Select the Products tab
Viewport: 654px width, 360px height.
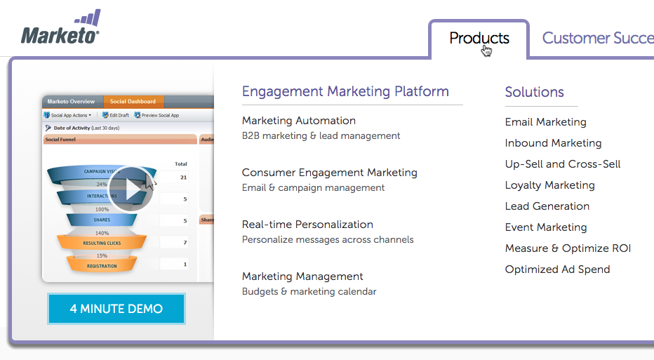click(479, 39)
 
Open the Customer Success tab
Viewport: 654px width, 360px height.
click(597, 39)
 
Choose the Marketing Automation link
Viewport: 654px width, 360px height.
click(298, 121)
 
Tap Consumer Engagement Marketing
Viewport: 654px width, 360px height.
click(329, 173)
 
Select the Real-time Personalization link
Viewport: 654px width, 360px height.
click(307, 225)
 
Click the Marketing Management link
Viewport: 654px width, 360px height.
click(302, 276)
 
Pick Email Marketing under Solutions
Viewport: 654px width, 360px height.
click(545, 122)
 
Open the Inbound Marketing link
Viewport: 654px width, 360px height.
click(553, 143)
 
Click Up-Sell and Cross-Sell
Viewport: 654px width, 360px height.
click(562, 164)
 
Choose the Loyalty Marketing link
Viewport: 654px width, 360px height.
click(549, 185)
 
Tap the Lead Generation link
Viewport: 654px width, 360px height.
click(547, 206)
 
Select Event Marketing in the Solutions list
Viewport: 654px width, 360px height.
click(545, 227)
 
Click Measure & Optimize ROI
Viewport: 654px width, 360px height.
click(567, 248)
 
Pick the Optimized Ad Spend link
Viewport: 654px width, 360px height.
click(557, 269)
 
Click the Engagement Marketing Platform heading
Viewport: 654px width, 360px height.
click(345, 92)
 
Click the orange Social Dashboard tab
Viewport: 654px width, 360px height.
click(133, 102)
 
